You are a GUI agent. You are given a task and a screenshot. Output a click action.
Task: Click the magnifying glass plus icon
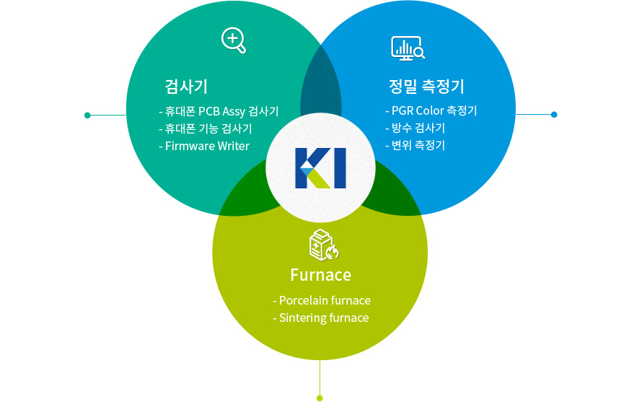coord(234,40)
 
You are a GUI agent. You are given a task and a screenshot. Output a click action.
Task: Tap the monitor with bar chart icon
coord(408,48)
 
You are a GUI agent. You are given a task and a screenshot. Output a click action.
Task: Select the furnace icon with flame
coord(323,245)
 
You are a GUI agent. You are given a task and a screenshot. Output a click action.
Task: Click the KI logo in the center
coord(320,168)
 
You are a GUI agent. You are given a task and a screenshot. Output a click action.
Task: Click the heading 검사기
coord(186,87)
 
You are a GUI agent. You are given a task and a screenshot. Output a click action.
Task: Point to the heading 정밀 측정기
coord(426,87)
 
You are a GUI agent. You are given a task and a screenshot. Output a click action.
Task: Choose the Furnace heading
coord(320,275)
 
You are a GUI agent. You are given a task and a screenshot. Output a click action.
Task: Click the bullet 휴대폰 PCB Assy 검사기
coord(219,111)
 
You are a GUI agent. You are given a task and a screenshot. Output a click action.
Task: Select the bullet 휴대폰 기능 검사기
coord(205,128)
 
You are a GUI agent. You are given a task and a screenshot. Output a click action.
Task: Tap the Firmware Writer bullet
coord(204,146)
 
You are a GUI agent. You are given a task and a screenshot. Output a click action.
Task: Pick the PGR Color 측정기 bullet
coord(431,110)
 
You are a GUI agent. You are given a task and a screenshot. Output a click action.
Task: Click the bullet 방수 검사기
coord(415,128)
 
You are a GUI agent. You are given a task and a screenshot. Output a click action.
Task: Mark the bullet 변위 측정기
coord(415,145)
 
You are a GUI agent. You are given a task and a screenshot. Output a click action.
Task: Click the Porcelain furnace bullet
coord(322,300)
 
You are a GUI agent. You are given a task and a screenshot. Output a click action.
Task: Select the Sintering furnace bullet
coord(321,318)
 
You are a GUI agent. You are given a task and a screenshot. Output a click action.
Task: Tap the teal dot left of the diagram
coord(87,115)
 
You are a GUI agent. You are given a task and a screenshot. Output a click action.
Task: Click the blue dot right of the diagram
coord(554,114)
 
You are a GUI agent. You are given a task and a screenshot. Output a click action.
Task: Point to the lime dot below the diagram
coord(320,398)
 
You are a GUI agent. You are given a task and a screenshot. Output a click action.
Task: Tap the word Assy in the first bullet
coord(234,112)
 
